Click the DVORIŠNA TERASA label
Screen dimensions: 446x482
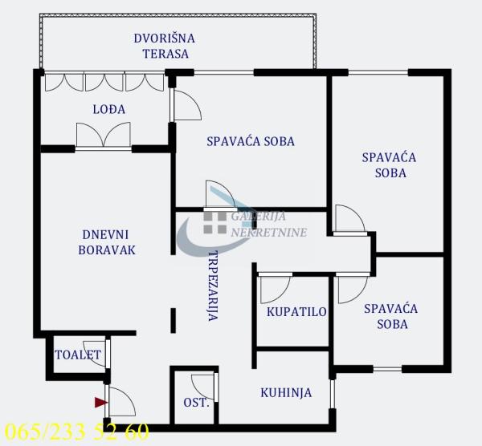pos(164,46)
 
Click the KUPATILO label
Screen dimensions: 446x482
pos(296,311)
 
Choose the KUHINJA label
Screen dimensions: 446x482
pos(285,392)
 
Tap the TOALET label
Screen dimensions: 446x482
pos(78,355)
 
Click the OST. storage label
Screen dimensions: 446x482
pos(196,402)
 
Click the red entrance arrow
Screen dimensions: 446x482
pos(100,402)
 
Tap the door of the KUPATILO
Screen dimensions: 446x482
pos(274,287)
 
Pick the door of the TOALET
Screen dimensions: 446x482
pos(98,354)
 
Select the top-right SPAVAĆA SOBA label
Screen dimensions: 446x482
pos(389,164)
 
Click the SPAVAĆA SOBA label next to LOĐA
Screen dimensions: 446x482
pos(251,141)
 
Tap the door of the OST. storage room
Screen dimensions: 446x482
pos(204,384)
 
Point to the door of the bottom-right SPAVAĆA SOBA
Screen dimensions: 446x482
pos(352,288)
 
